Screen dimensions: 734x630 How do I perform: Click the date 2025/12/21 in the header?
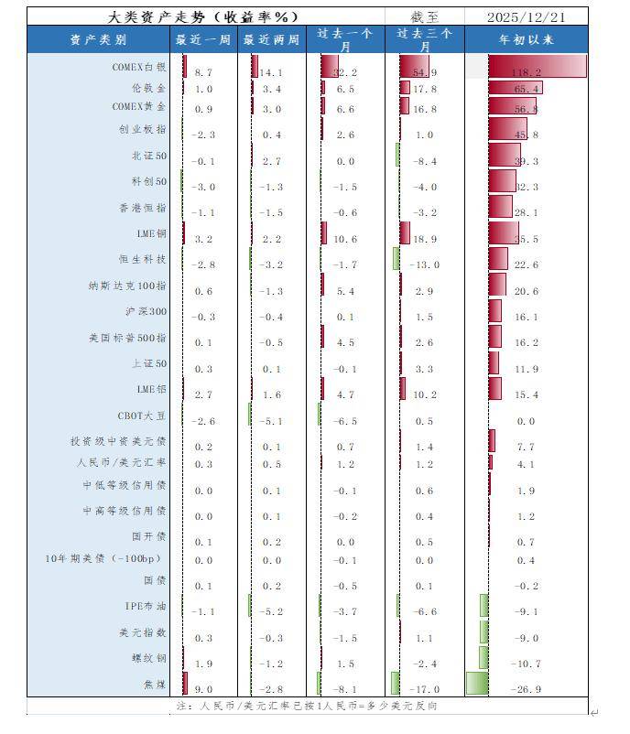click(x=526, y=16)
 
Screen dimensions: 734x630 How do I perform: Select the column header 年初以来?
click(x=526, y=39)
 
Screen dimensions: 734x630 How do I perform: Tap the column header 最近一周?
click(x=203, y=39)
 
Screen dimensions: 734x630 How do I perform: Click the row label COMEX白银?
click(x=139, y=67)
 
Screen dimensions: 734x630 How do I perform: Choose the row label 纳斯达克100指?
click(x=127, y=286)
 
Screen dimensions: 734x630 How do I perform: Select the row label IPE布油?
click(x=146, y=606)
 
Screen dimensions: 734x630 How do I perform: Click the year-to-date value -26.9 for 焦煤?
click(x=526, y=689)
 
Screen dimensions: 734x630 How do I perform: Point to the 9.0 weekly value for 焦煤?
click(x=203, y=689)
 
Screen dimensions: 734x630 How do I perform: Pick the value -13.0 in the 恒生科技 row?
click(x=426, y=264)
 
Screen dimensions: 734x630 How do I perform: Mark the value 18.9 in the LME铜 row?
click(x=426, y=239)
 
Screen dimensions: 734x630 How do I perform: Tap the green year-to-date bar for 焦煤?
click(x=476, y=684)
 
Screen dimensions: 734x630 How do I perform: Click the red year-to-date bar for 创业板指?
click(x=506, y=129)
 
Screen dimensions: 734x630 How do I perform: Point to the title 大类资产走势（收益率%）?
click(x=203, y=16)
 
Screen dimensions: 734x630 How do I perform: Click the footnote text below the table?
click(x=306, y=707)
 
